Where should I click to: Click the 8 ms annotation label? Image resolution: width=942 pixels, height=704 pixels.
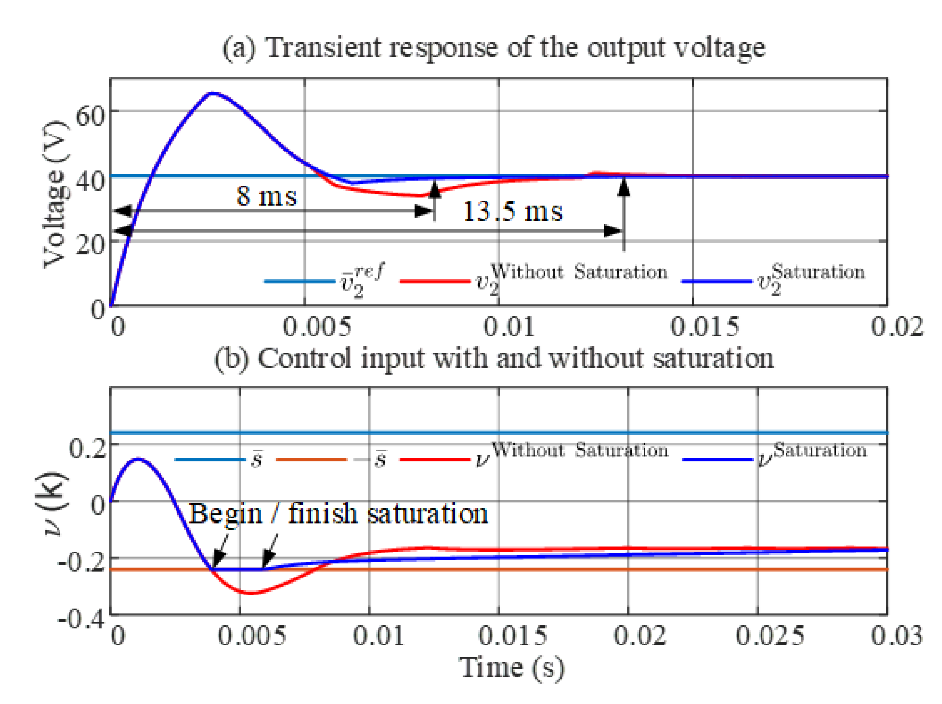coord(266,196)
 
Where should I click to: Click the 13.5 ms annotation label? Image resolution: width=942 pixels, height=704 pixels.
coord(512,212)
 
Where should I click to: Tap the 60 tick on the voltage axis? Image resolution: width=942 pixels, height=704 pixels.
coord(90,116)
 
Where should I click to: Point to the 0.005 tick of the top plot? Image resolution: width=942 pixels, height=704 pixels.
coord(316,327)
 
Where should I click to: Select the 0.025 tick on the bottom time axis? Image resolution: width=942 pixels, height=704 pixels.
coord(769,636)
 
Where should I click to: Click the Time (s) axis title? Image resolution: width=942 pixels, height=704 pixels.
coord(512,668)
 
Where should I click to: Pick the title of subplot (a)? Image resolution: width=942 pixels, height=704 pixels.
coord(493,47)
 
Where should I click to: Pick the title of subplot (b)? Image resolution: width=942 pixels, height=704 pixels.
coord(493,358)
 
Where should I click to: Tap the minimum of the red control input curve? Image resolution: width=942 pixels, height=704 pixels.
coord(251,594)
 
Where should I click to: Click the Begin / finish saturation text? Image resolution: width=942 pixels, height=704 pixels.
coord(338,514)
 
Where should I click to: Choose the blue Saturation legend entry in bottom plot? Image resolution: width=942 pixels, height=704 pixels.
coord(775,458)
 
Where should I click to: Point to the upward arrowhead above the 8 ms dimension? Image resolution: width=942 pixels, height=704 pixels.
coord(435,189)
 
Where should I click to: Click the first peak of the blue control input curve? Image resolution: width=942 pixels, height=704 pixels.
coord(138,459)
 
